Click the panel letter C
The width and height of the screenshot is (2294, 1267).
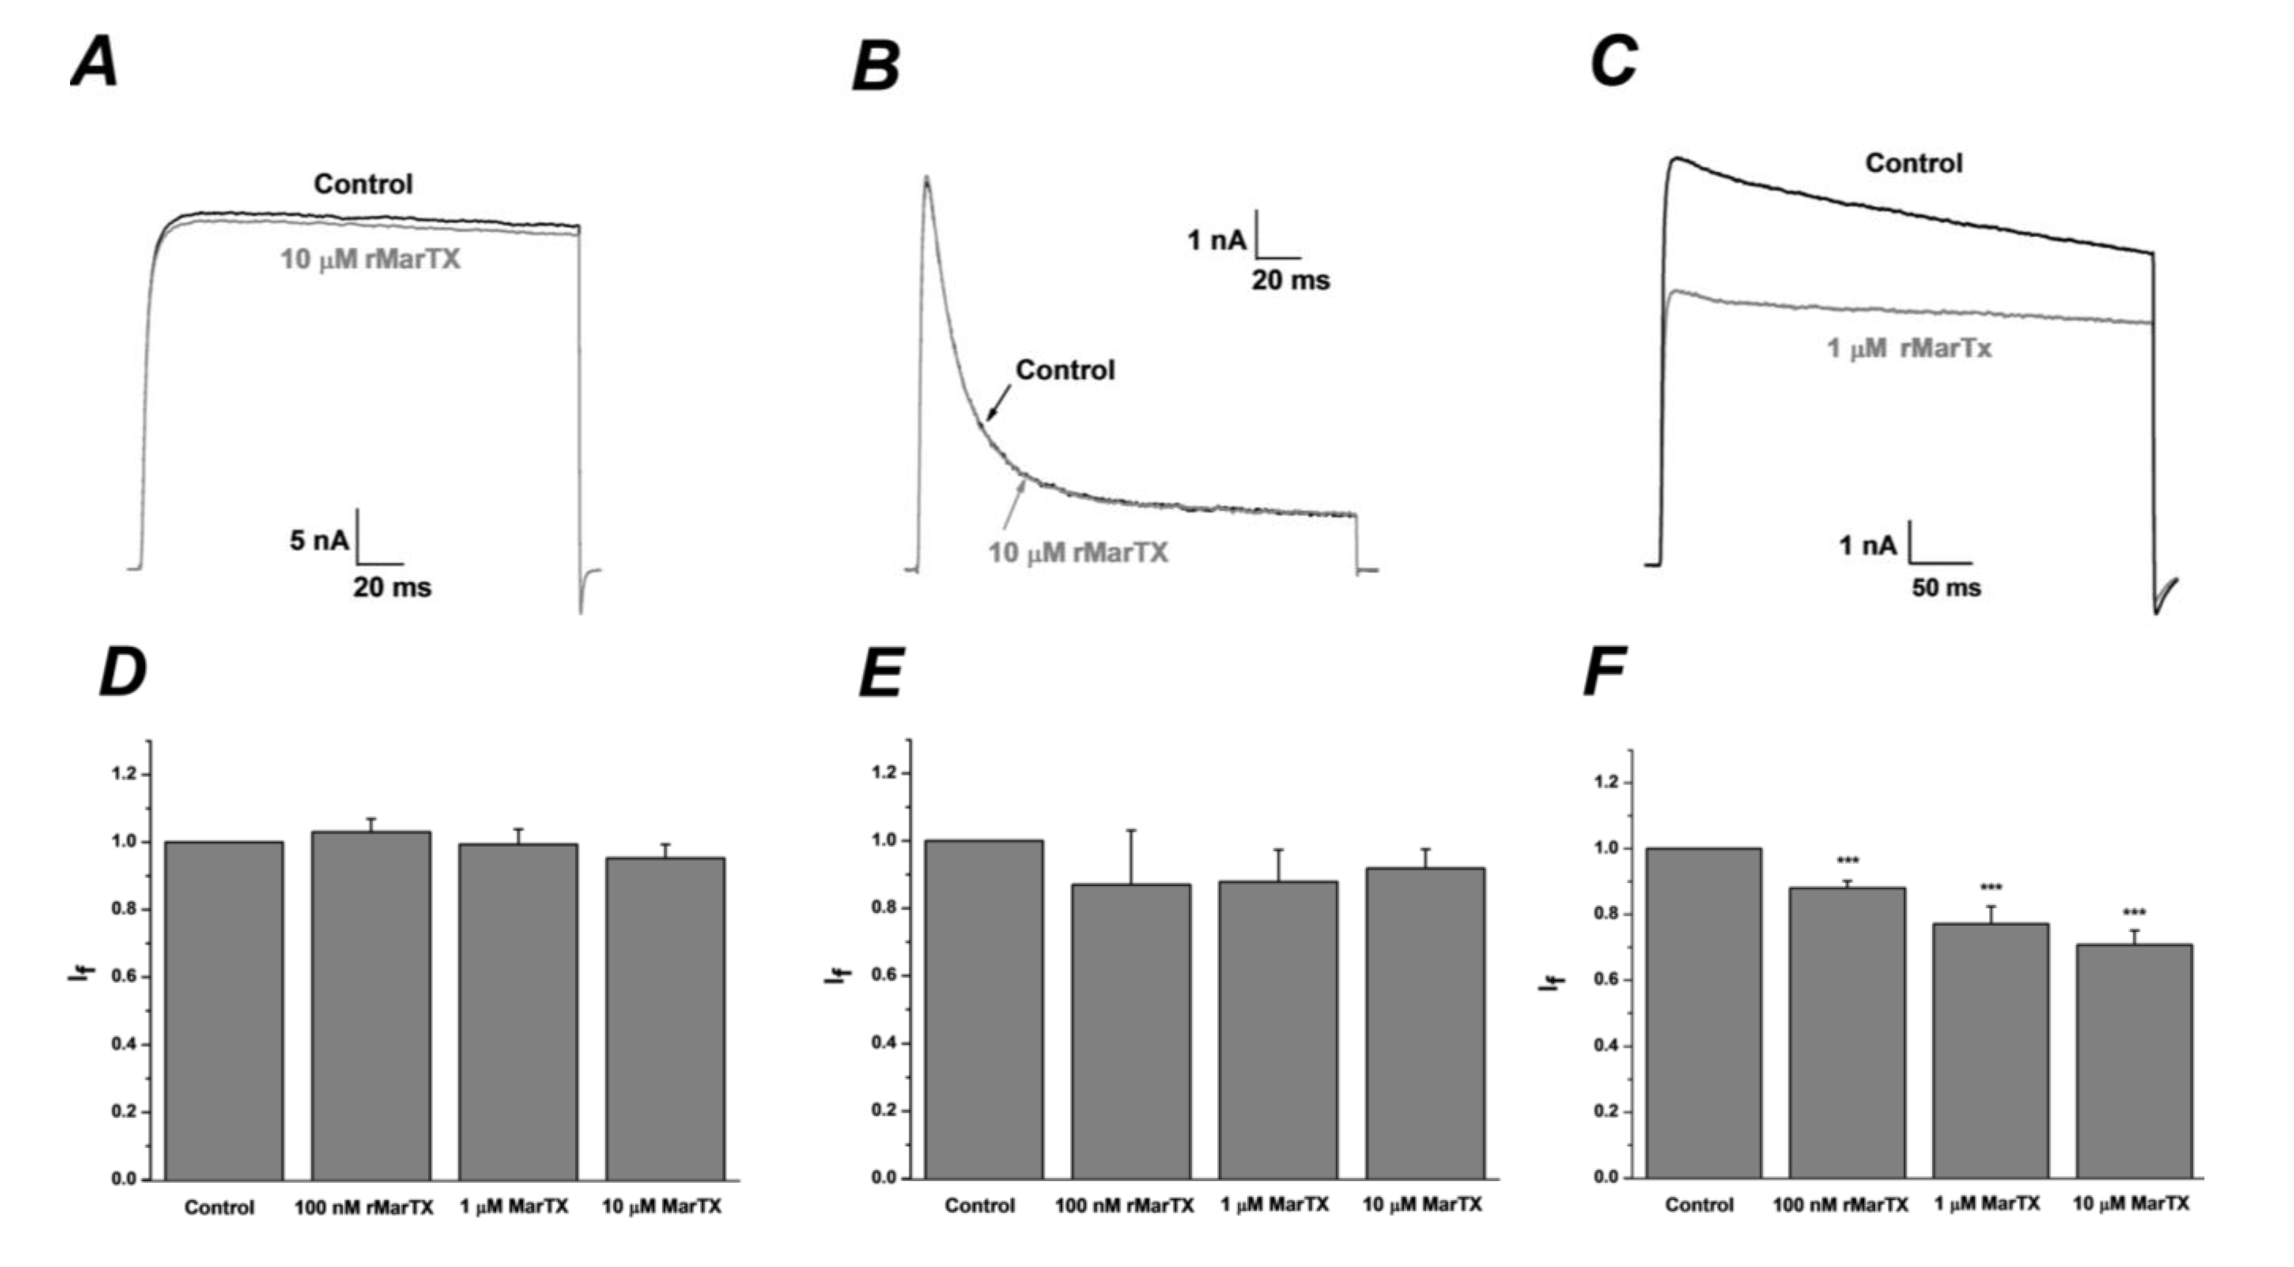(1613, 62)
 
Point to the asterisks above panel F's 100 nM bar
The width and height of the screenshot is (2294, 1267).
(1848, 861)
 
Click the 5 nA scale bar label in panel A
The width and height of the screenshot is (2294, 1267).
(319, 541)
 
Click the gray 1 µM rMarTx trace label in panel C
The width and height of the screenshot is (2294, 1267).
(1908, 348)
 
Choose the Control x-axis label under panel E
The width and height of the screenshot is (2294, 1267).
(980, 1205)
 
